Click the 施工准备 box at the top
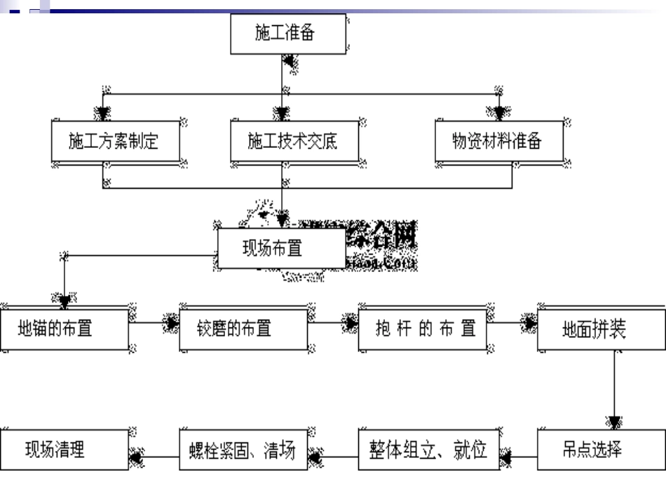[x=288, y=34]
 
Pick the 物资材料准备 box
[x=498, y=142]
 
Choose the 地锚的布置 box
[x=64, y=328]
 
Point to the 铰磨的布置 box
[x=243, y=328]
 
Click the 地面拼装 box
[x=601, y=328]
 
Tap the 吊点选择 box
[x=601, y=450]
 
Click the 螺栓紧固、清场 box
[x=243, y=450]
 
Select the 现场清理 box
[x=64, y=450]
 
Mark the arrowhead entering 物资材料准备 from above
[x=498, y=113]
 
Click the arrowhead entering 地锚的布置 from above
[x=64, y=302]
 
